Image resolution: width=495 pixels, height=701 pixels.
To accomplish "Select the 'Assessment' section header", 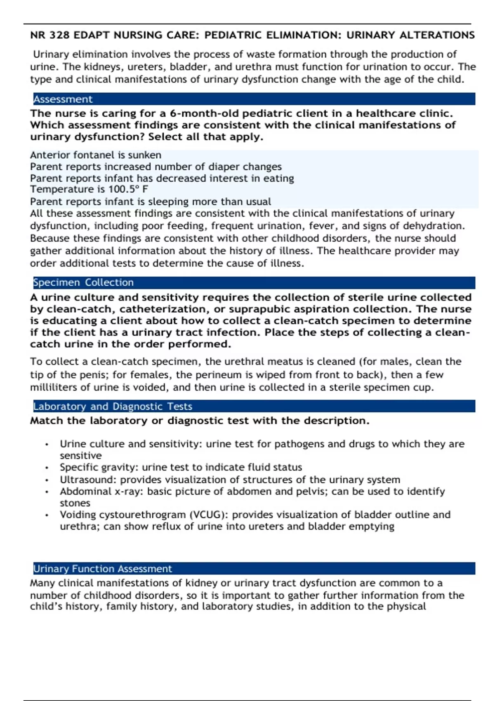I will (x=63, y=99).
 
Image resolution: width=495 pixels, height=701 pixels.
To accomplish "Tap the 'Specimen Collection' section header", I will (x=83, y=282).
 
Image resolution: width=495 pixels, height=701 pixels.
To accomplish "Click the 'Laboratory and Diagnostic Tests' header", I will (x=113, y=407).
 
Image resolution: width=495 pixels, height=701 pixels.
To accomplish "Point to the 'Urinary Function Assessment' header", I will (x=102, y=569).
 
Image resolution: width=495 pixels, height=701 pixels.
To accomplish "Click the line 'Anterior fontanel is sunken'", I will (x=95, y=155).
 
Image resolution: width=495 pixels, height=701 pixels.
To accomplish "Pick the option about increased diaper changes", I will (x=156, y=167).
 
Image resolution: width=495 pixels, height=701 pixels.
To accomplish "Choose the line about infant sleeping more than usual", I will (x=150, y=202).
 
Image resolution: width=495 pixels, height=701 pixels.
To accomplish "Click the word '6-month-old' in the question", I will (x=204, y=113).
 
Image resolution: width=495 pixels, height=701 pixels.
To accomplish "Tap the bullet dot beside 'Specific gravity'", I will (x=47, y=468).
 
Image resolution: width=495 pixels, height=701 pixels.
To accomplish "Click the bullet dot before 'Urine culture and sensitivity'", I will (x=47, y=445).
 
